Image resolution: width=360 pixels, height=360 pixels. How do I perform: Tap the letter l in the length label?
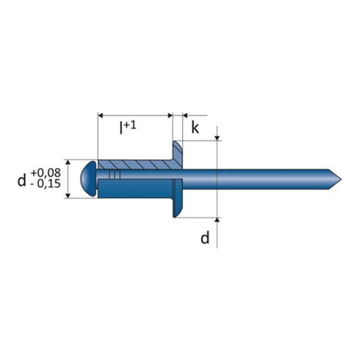point(122,129)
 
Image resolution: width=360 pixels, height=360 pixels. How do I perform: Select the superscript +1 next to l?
point(133,123)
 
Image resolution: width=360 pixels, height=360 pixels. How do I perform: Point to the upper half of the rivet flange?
point(177,156)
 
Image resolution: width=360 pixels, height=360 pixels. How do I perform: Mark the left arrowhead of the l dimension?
point(101,115)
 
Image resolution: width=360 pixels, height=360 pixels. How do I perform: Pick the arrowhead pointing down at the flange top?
point(218,139)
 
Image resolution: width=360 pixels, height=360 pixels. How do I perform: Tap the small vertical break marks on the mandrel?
point(112,175)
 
